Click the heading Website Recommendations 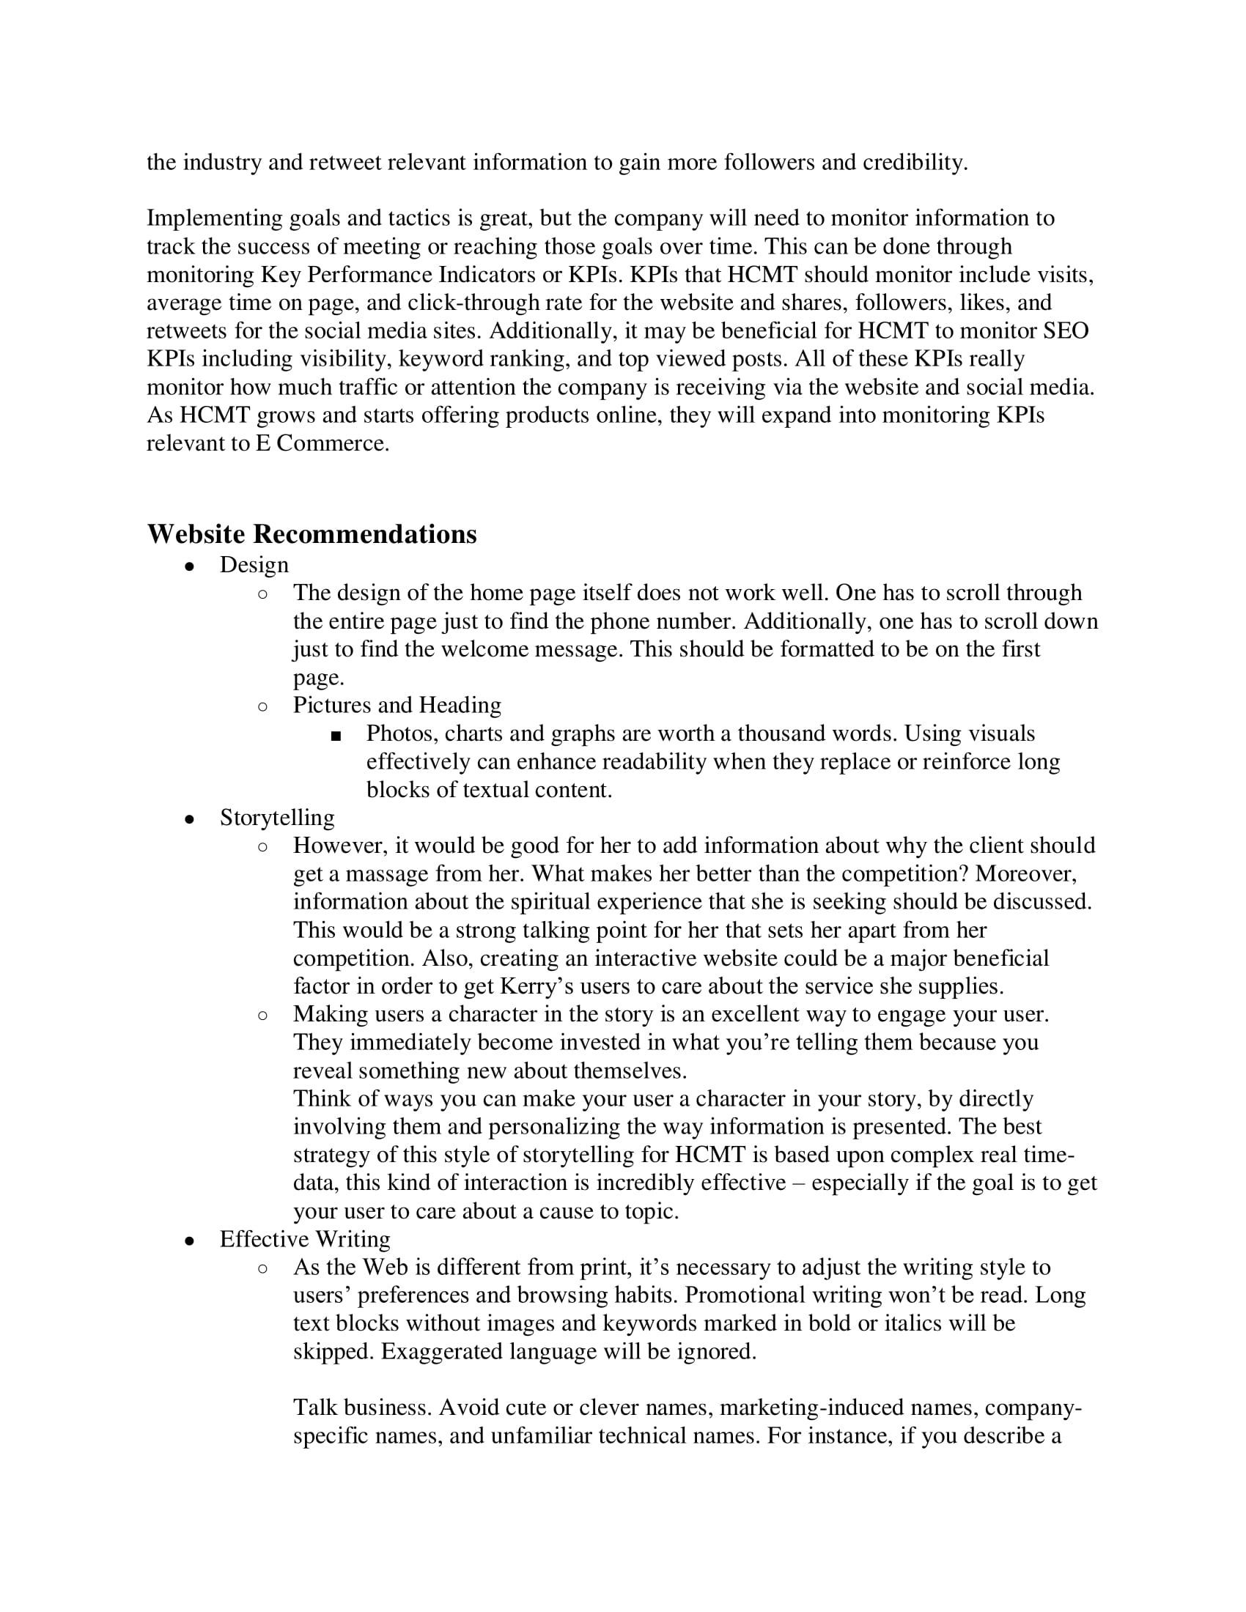[x=311, y=534]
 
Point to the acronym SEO [x=1065, y=330]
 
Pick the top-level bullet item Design [x=254, y=565]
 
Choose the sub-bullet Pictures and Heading [x=397, y=705]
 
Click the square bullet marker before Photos [x=336, y=735]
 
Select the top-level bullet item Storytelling [x=277, y=818]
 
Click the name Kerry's [x=537, y=986]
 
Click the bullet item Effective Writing [x=305, y=1239]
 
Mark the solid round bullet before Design [x=190, y=566]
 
